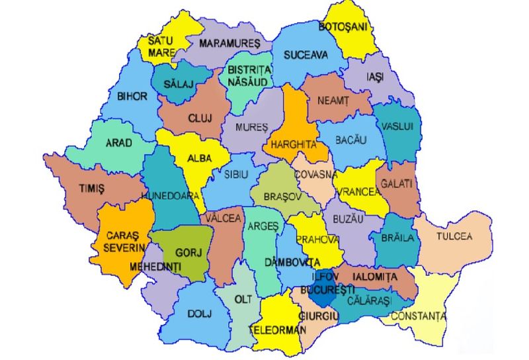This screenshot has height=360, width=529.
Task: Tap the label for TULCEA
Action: [x=454, y=236]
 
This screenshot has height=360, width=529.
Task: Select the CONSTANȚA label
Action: [x=418, y=316]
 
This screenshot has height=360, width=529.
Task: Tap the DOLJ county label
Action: [x=200, y=314]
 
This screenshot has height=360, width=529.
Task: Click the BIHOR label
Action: [x=132, y=96]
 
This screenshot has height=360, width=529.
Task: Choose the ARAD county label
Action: [x=119, y=142]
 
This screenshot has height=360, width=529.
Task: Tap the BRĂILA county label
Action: [x=397, y=238]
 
